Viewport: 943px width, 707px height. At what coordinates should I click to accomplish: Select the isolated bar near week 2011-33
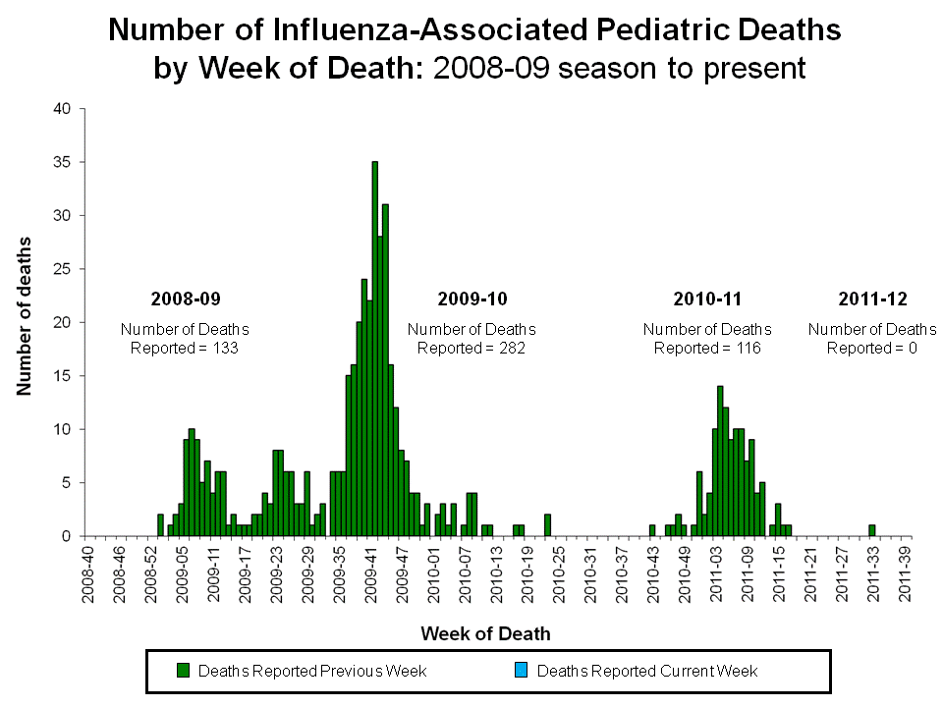(x=871, y=531)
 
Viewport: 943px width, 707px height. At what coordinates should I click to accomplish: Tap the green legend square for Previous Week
(x=183, y=671)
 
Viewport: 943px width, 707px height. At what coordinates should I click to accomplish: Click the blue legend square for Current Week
(x=522, y=671)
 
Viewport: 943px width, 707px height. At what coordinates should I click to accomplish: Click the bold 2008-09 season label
(x=185, y=299)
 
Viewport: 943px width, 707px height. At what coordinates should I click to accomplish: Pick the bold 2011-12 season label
(x=872, y=299)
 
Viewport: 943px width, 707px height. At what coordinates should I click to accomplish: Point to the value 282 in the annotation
(x=514, y=348)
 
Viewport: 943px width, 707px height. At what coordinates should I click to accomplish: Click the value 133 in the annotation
(x=226, y=348)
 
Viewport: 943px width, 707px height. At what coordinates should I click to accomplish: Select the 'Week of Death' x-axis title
(x=485, y=633)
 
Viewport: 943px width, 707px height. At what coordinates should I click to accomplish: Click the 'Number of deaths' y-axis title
(x=24, y=315)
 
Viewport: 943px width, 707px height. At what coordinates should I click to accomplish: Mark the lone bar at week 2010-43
(x=652, y=531)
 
